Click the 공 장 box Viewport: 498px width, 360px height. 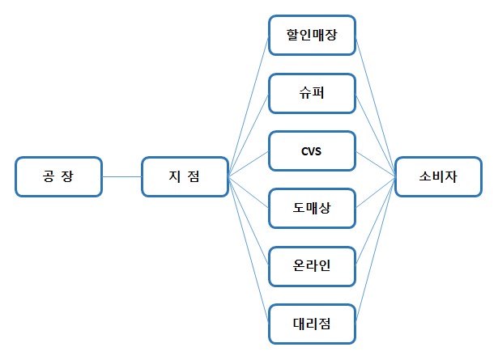coord(58,176)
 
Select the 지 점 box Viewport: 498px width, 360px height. coord(185,176)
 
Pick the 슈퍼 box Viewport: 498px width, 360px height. coord(312,93)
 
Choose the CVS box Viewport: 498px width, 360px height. coord(312,151)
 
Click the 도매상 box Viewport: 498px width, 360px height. coord(312,210)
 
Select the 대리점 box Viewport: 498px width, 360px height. coord(312,324)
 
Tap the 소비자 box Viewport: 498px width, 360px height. coord(437,176)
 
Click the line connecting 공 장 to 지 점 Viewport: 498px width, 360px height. coord(122,176)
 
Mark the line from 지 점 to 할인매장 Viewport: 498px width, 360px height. coord(249,105)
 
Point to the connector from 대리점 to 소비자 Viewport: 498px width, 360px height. coord(375,251)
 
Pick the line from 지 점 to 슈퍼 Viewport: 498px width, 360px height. coord(249,135)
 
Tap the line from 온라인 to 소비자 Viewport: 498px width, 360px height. coord(375,222)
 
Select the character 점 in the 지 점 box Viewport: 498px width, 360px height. coord(196,176)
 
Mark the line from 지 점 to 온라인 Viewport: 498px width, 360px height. coord(249,220)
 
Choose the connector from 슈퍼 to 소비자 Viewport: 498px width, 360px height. coord(375,133)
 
